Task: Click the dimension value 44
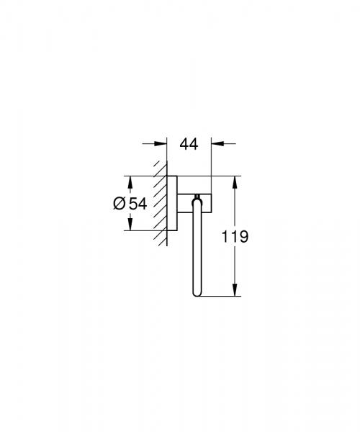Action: [189, 144]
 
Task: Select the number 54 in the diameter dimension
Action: [138, 204]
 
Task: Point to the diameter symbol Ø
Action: [120, 204]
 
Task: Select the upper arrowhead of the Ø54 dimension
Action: [130, 181]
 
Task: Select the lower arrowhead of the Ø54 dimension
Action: [130, 225]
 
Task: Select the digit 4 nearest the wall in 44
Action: [184, 144]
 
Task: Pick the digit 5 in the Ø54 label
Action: [133, 204]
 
